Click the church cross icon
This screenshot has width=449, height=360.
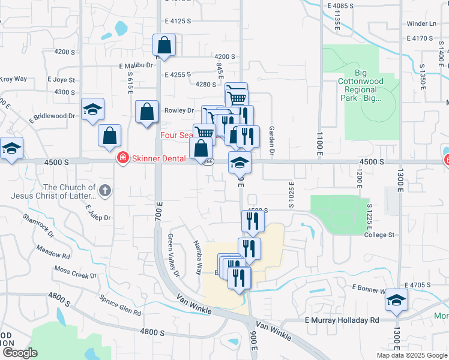coord(105,191)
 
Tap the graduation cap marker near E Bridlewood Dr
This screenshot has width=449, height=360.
coord(93,109)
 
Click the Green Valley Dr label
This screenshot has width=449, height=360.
coord(173,256)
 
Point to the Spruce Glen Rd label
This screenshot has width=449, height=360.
coord(121,305)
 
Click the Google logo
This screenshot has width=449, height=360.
coord(20,353)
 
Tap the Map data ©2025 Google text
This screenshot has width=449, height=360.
coord(411,355)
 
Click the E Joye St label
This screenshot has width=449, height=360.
coord(62,79)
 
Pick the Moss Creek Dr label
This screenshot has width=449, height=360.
coord(76,271)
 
